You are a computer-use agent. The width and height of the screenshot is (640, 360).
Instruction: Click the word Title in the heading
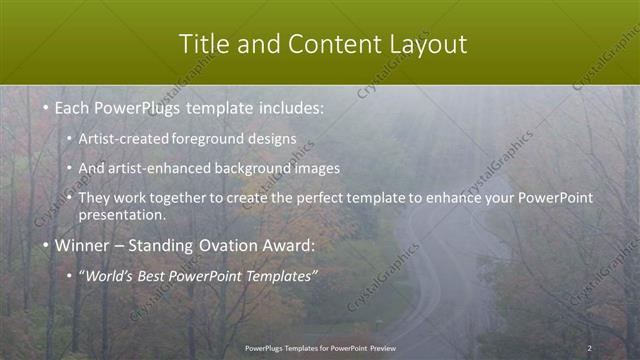(203, 44)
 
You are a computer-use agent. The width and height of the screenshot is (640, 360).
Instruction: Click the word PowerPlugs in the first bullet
(130, 106)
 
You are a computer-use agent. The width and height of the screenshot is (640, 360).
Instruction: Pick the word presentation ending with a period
(122, 214)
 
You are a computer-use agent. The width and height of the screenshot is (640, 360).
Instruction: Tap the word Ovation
(229, 245)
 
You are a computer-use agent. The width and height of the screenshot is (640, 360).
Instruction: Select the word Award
(291, 245)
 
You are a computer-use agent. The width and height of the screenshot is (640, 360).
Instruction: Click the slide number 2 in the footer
(589, 347)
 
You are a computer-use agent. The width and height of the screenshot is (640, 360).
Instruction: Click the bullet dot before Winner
(46, 245)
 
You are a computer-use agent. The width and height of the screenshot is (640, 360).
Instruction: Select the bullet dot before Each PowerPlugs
(46, 106)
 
